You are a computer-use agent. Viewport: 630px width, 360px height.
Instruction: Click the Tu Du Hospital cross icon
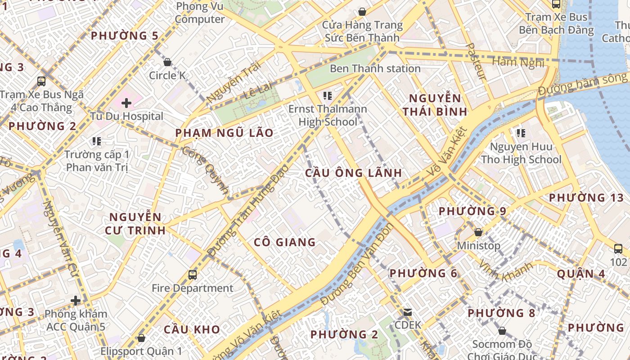[126, 103]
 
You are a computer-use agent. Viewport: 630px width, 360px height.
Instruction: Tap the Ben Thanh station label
[375, 69]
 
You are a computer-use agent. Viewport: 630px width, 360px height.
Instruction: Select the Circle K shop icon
[167, 62]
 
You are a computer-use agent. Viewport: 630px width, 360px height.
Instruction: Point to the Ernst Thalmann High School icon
[328, 95]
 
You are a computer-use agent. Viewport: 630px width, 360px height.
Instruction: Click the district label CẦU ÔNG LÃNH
[353, 173]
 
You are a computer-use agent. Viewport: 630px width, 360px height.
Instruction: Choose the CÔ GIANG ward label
[285, 243]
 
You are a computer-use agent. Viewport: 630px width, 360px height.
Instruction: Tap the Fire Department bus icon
[193, 274]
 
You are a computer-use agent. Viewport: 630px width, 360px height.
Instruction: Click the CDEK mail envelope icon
[408, 312]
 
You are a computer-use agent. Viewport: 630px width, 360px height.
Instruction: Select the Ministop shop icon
[478, 232]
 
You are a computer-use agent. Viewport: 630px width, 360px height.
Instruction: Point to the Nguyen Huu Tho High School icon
[521, 133]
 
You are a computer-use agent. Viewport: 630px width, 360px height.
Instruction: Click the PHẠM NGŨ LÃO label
[224, 133]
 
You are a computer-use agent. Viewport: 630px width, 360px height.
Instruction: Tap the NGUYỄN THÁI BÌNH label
[435, 105]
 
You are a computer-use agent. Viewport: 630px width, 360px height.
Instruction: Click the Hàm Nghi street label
[518, 62]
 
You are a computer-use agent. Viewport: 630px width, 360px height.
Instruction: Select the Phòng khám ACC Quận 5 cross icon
[76, 300]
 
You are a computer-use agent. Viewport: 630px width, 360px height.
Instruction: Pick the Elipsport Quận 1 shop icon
[141, 338]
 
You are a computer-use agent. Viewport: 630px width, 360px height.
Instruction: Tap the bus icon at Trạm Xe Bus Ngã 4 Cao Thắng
[41, 81]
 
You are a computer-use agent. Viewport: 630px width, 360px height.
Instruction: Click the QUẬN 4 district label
[582, 274]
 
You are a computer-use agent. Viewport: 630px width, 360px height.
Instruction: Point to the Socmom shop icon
[502, 331]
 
